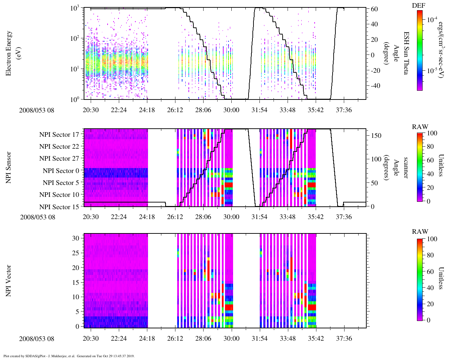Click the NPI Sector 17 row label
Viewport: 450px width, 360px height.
(x=59, y=135)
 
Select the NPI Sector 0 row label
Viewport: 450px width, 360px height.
(x=61, y=171)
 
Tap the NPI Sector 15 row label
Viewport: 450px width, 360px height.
(x=59, y=207)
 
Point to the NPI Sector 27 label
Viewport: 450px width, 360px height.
(x=59, y=159)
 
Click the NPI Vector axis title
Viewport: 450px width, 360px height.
(x=8, y=281)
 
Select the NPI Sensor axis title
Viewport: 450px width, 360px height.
(x=8, y=167)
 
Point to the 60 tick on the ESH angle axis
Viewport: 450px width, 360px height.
(x=374, y=9)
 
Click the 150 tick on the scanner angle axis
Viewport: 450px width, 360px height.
(x=376, y=136)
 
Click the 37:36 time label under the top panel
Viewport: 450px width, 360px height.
(x=343, y=110)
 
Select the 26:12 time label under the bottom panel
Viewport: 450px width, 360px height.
(x=175, y=339)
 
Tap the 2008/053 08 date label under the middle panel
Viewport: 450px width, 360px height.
(x=38, y=217)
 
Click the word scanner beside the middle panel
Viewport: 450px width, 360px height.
(x=406, y=168)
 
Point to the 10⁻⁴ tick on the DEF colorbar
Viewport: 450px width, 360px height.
(x=432, y=20)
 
